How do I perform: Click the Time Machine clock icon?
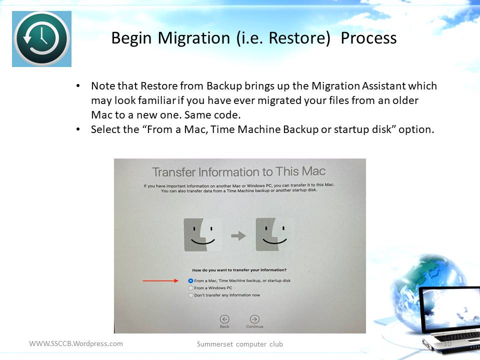(x=41, y=39)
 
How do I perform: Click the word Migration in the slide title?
(x=194, y=38)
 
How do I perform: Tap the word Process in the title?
(x=368, y=38)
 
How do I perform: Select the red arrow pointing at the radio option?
(x=160, y=280)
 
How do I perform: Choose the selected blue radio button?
(x=190, y=280)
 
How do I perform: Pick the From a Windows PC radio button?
(x=190, y=288)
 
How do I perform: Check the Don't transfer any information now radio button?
(x=190, y=295)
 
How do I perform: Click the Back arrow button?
(x=224, y=319)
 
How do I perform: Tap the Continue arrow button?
(x=254, y=319)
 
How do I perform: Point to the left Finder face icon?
(x=203, y=234)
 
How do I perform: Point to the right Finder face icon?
(x=274, y=234)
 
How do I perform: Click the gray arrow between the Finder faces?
(x=238, y=235)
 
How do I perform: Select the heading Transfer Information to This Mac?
(x=239, y=171)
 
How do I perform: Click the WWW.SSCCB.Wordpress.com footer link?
(x=76, y=343)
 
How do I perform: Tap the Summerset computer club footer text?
(x=239, y=344)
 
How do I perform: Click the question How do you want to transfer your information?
(x=239, y=270)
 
